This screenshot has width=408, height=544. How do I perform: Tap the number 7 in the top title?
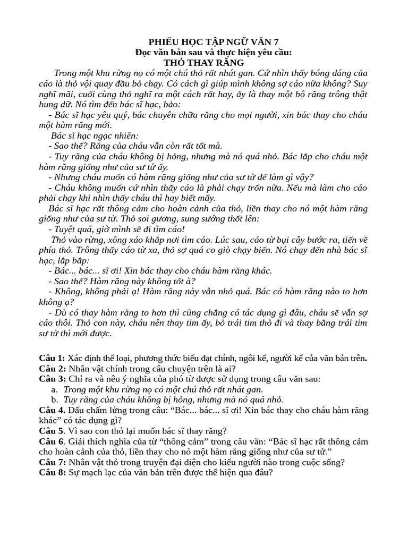coord(275,42)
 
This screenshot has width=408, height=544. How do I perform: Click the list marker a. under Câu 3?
coord(55,389)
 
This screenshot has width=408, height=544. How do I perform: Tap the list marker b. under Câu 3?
coord(55,399)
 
